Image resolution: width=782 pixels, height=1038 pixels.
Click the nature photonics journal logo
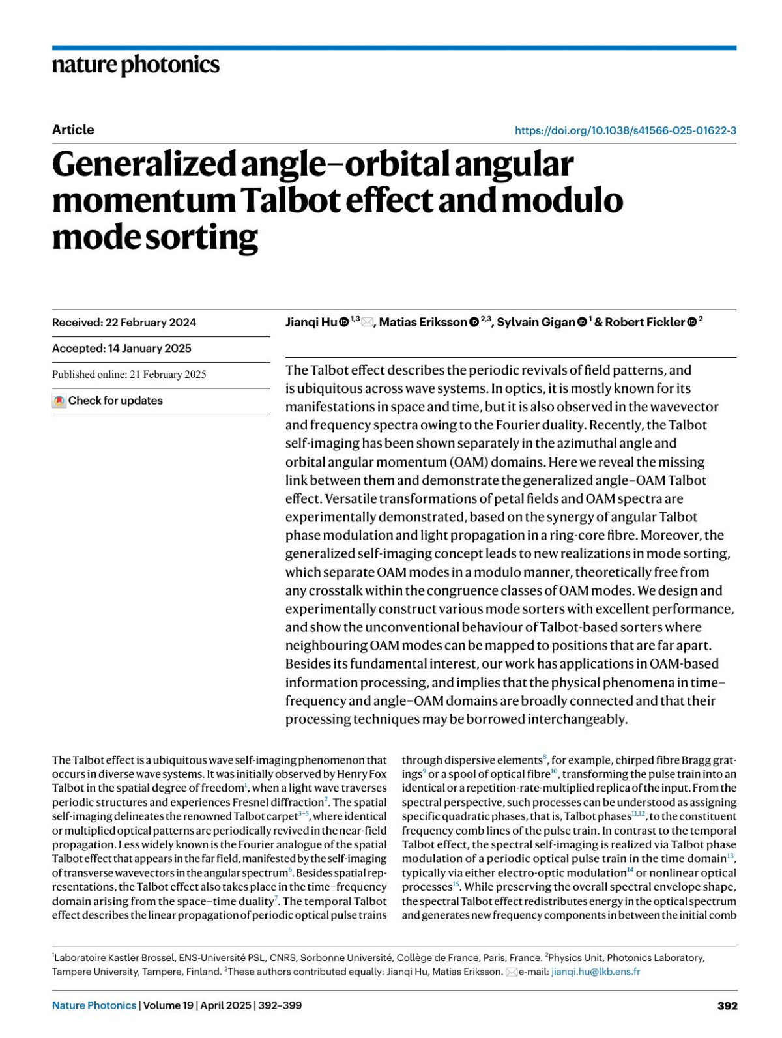coord(136,65)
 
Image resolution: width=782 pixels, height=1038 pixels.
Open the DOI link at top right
coord(625,130)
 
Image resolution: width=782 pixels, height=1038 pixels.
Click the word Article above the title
coord(73,130)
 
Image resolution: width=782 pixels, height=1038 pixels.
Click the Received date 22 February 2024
coord(151,323)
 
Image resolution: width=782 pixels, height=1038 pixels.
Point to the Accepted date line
coord(122,349)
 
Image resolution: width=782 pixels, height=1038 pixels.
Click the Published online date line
coord(129,375)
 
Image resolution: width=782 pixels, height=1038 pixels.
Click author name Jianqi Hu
coord(311,323)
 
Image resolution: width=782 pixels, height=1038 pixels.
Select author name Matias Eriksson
coord(423,323)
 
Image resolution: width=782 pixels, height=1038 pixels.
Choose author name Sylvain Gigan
coord(536,323)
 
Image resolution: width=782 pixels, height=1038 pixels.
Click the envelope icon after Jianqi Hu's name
coord(368,323)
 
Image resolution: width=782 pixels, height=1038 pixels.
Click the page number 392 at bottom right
coord(727,1006)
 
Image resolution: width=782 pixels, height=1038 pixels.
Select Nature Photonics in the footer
coord(94,1005)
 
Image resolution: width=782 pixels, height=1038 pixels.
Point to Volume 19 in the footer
coord(168,1005)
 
